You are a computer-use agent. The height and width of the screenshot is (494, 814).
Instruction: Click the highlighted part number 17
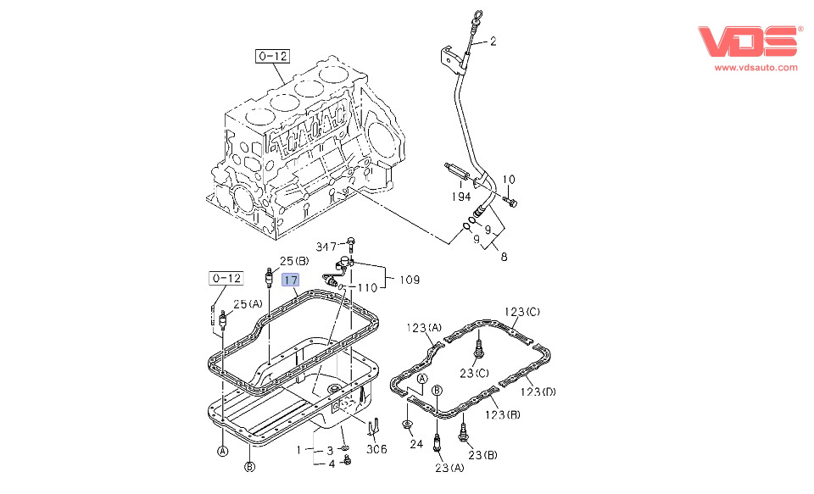[x=291, y=280]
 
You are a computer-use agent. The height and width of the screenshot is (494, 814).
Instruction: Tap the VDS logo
[x=749, y=42]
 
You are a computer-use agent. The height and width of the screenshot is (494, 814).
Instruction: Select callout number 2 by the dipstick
[x=493, y=41]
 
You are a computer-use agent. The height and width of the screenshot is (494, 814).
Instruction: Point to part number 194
[x=460, y=197]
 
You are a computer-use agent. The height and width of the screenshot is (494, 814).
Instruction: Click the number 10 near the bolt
[x=509, y=179]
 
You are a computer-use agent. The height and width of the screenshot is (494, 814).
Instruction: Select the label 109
[x=409, y=279]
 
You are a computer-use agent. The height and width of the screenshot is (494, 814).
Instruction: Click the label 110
[x=366, y=288]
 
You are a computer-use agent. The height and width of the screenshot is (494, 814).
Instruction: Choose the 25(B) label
[x=294, y=261]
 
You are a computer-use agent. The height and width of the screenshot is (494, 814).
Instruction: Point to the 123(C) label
[x=522, y=312]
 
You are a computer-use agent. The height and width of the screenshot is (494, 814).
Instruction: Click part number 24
[x=415, y=443]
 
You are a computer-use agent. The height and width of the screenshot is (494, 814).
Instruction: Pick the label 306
[x=376, y=451]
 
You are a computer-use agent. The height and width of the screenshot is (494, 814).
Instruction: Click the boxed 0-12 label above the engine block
[x=273, y=57]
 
